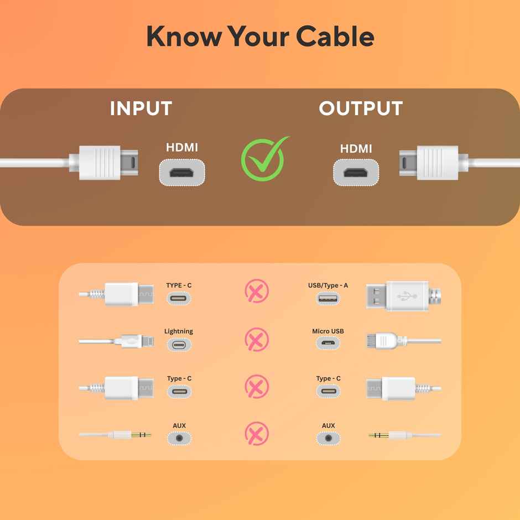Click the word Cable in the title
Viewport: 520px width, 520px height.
[x=335, y=36]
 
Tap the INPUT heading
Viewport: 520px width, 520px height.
[x=141, y=108]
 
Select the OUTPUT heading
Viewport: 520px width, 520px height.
[x=361, y=108]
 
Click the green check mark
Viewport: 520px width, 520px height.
[x=264, y=159]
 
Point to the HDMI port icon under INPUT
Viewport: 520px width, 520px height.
[x=182, y=173]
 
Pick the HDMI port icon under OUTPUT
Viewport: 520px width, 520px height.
[x=356, y=173]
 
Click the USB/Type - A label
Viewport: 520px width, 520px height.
[x=328, y=285]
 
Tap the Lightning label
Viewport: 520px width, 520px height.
[x=179, y=331]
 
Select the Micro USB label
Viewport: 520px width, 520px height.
[x=328, y=331]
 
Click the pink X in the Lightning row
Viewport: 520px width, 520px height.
[x=257, y=339]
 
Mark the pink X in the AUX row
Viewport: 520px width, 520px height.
[x=257, y=434]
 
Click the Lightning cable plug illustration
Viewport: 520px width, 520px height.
[x=116, y=341]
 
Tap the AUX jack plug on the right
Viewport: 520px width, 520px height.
[x=405, y=435]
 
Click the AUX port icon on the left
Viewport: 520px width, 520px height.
[x=179, y=438]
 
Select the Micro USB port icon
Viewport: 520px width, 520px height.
[x=328, y=343]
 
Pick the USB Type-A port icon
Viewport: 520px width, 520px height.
[x=327, y=299]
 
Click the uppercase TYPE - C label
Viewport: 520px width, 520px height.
[x=179, y=285]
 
